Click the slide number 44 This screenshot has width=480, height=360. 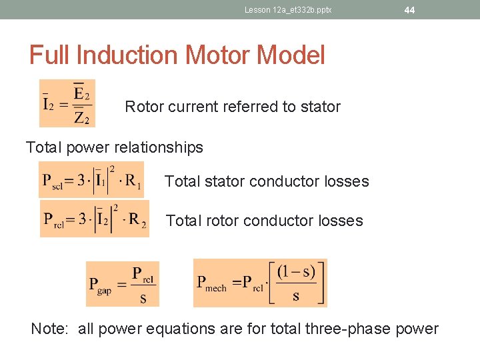(409, 10)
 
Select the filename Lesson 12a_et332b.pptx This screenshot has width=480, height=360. (288, 10)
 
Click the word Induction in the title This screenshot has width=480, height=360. (133, 55)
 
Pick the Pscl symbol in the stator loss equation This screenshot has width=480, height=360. (54, 181)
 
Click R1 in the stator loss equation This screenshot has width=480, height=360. (134, 182)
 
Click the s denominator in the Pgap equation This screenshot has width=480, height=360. (143, 298)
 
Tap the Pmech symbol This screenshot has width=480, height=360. (211, 283)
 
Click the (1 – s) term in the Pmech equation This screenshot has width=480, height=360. (296, 273)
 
